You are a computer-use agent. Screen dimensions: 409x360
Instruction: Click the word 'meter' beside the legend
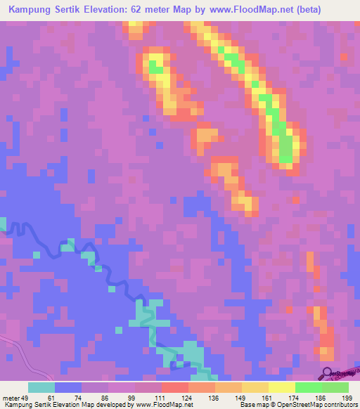click(x=12, y=397)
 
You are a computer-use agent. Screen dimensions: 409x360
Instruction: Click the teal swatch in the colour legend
click(x=41, y=387)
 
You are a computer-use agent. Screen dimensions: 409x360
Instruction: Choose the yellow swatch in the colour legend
click(x=281, y=387)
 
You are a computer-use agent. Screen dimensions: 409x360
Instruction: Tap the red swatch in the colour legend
click(x=174, y=387)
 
